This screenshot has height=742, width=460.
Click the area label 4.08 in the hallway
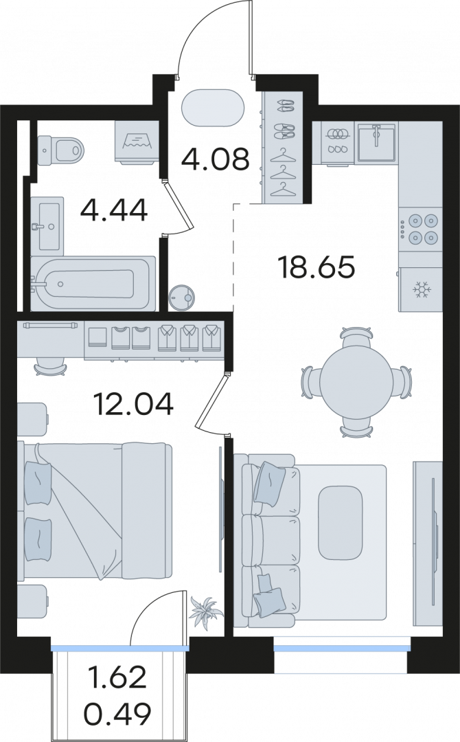coord(215,159)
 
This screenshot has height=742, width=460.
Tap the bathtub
coord(93,284)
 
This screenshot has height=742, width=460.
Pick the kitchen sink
coord(376,142)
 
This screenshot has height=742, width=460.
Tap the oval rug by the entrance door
coord(214,108)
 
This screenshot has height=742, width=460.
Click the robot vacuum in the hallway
coord(182,297)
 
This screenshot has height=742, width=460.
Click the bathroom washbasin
coord(47,226)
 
